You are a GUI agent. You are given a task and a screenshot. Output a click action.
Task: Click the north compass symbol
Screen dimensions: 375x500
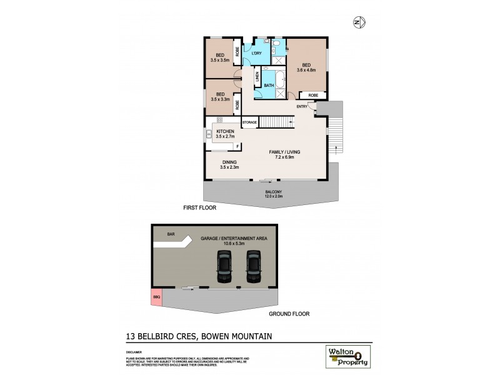[x=358, y=23]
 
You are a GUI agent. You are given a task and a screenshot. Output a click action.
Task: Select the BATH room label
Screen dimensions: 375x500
[x=268, y=86]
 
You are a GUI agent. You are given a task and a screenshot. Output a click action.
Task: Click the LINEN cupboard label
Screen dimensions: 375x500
[x=257, y=78]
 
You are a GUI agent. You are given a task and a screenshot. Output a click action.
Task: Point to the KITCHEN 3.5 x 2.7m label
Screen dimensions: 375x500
[x=225, y=133]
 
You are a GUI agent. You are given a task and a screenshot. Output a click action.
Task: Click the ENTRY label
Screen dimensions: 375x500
[x=302, y=106]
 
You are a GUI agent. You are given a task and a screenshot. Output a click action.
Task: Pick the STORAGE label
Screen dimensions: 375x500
[x=249, y=122]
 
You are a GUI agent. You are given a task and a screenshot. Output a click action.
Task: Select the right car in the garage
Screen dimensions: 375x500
[x=252, y=266]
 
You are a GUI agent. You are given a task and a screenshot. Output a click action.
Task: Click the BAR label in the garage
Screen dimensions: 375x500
[x=171, y=235]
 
